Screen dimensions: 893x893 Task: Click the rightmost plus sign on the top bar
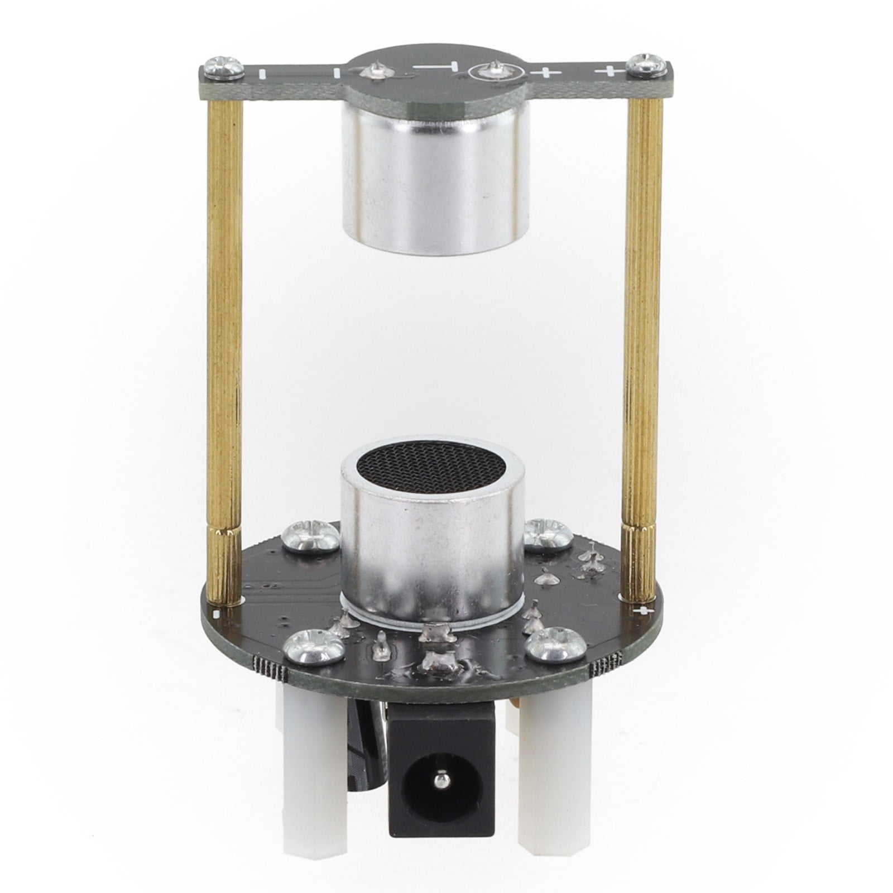[607, 71]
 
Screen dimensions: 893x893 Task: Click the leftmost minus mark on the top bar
[261, 73]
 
